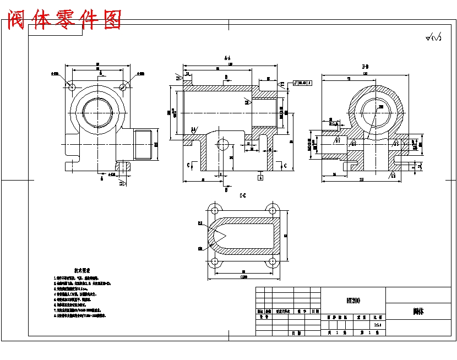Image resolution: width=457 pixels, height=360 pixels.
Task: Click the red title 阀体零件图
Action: tap(64, 20)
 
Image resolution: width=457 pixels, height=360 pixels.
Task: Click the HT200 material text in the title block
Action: tap(353, 300)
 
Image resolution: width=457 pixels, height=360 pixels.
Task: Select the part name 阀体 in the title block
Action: tap(418, 311)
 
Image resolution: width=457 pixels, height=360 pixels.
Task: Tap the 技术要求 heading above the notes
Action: tap(82, 271)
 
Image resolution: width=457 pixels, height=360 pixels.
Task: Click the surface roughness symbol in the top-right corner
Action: tap(433, 38)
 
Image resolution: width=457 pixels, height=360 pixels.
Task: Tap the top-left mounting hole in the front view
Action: tap(72, 86)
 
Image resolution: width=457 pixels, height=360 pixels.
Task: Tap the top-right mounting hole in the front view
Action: tap(124, 86)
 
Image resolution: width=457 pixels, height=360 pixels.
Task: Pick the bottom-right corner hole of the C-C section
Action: tap(271, 263)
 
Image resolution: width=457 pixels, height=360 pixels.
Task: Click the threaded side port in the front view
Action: tap(144, 144)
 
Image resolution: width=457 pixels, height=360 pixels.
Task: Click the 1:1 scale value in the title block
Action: tap(377, 326)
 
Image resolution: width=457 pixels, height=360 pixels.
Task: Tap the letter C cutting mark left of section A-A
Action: tap(188, 165)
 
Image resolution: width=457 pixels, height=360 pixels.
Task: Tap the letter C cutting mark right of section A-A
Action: tap(283, 165)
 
